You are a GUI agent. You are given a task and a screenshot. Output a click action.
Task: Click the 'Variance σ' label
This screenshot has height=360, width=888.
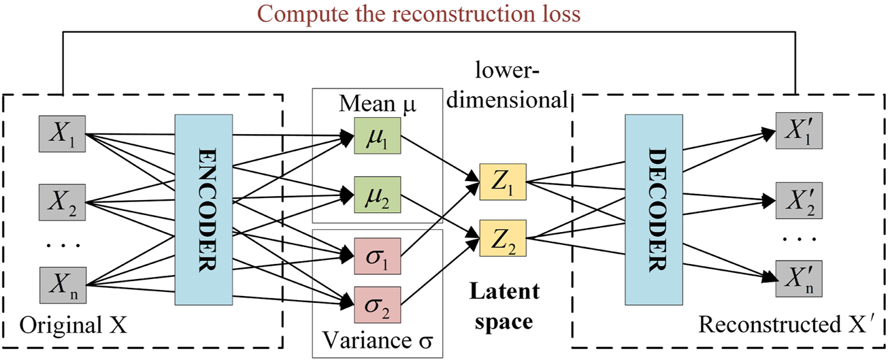pos(376,338)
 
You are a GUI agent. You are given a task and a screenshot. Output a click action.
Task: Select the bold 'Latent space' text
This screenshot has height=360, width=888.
pos(504,306)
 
